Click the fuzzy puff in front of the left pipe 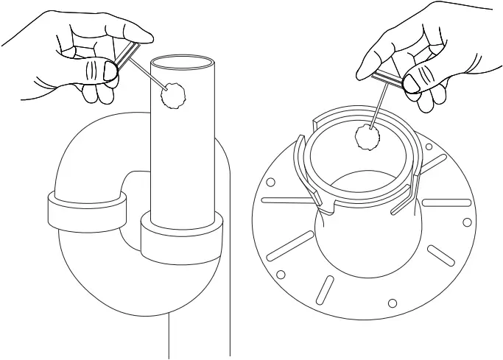[174, 93]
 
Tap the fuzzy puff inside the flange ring [366, 137]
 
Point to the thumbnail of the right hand [413, 84]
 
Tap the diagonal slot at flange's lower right [440, 254]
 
